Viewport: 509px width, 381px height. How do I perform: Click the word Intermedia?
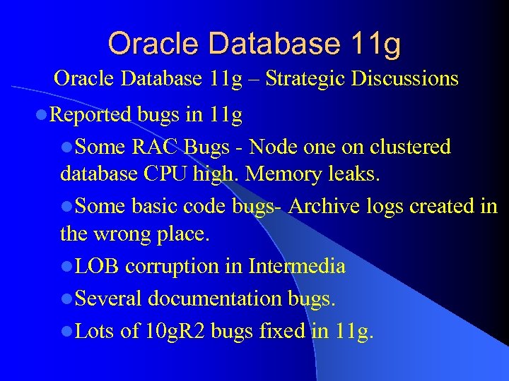297,266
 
